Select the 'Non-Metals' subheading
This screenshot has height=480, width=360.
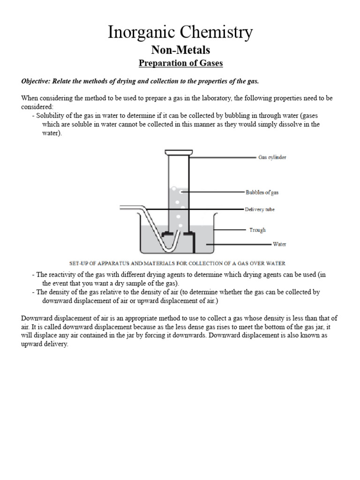click(180, 50)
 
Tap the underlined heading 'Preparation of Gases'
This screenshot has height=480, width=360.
click(180, 63)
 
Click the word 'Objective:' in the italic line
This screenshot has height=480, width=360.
click(36, 81)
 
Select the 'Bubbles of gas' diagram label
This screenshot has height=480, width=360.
click(262, 192)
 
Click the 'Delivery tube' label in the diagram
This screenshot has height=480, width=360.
click(260, 210)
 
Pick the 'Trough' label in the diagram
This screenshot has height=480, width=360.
click(257, 230)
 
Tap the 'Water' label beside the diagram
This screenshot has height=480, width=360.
click(279, 244)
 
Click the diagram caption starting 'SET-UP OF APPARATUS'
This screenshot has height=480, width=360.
click(177, 263)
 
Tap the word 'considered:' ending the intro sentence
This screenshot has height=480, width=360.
click(37, 107)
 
